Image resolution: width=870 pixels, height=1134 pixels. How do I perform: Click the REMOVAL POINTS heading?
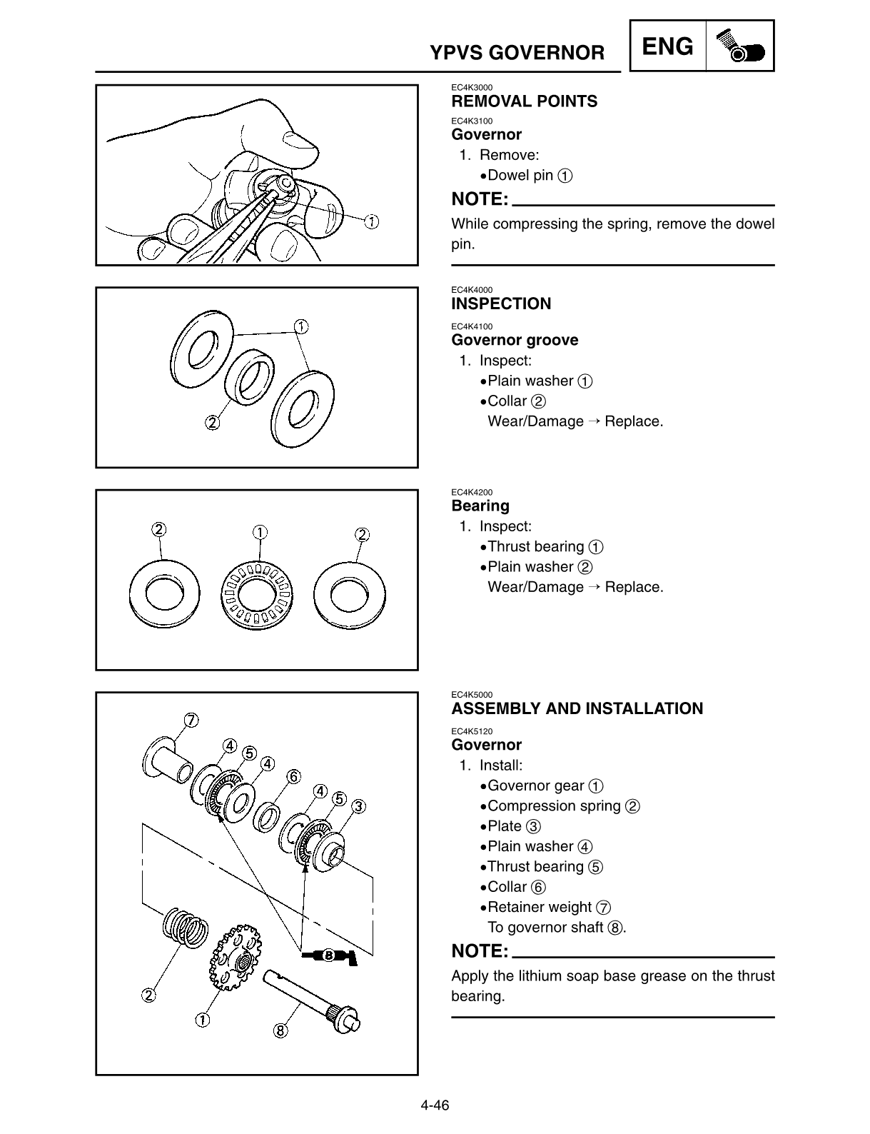[x=524, y=101]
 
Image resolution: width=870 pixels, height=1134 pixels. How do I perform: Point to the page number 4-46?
[x=434, y=1106]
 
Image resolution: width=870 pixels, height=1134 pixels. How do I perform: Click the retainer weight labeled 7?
[x=168, y=763]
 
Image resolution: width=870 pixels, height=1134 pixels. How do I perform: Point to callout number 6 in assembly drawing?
[x=293, y=776]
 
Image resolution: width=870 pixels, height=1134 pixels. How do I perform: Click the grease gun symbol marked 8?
[x=329, y=956]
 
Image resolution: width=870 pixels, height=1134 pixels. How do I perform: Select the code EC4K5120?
[x=472, y=731]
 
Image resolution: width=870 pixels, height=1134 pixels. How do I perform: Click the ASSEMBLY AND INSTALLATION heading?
[x=577, y=709]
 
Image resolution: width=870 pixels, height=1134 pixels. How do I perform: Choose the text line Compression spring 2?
[x=562, y=806]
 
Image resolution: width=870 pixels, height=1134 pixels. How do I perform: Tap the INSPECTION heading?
[x=501, y=304]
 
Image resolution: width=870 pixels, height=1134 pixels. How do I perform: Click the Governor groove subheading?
[x=515, y=341]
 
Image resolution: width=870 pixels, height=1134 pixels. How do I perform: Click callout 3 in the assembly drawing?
[x=358, y=806]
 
